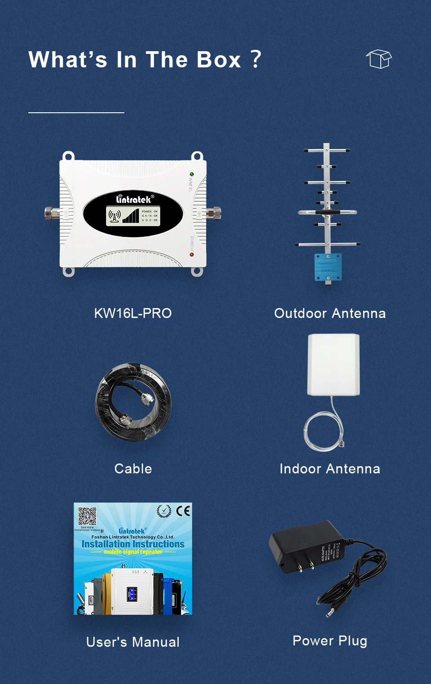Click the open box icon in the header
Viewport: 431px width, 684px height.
coord(379,59)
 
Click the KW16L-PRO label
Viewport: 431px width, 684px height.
coord(133,313)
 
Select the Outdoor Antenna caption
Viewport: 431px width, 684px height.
coord(330,313)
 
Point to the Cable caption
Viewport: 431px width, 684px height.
coord(133,468)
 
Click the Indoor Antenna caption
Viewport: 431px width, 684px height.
coord(330,468)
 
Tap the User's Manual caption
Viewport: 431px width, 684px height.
coord(133,642)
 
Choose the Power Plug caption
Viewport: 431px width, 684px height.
coord(330,640)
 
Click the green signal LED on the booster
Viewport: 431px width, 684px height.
coord(192,174)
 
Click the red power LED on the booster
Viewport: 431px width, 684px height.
coord(192,255)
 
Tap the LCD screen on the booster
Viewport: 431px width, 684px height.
coord(133,216)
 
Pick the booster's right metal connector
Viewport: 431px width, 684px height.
coord(215,212)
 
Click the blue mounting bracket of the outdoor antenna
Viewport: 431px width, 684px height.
coord(328,267)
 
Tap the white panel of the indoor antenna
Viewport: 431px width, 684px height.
coord(334,364)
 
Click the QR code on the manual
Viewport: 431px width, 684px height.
coord(87,516)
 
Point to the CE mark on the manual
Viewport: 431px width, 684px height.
coord(183,511)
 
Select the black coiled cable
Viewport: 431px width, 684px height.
coord(133,402)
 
